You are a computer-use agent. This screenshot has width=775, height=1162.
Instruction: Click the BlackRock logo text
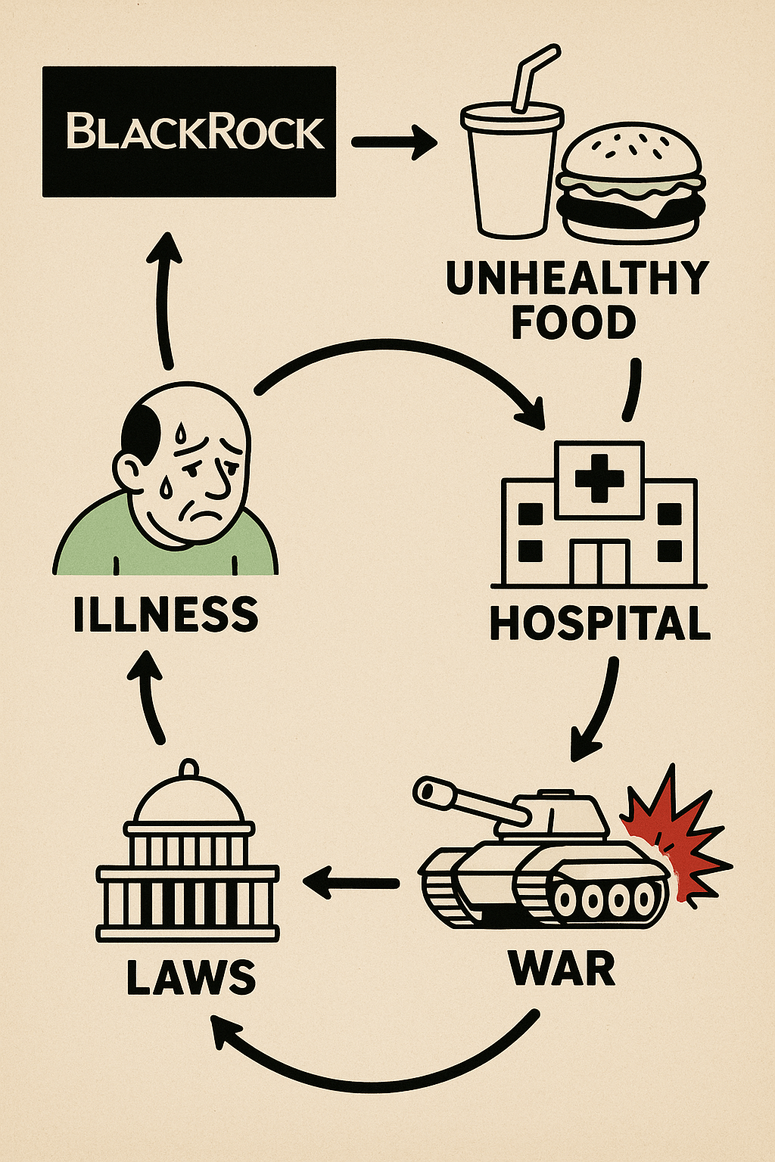coord(196,132)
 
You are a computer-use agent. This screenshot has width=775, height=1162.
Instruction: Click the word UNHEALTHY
coord(577,278)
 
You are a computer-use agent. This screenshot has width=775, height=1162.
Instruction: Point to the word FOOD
coord(574,322)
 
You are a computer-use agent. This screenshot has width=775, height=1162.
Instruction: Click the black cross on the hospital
coord(599,478)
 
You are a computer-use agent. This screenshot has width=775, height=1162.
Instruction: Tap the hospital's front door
coord(599,562)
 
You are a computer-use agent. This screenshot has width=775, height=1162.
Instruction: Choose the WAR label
coord(562,968)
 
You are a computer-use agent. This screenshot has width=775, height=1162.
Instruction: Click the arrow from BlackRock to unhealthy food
coord(394,141)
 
